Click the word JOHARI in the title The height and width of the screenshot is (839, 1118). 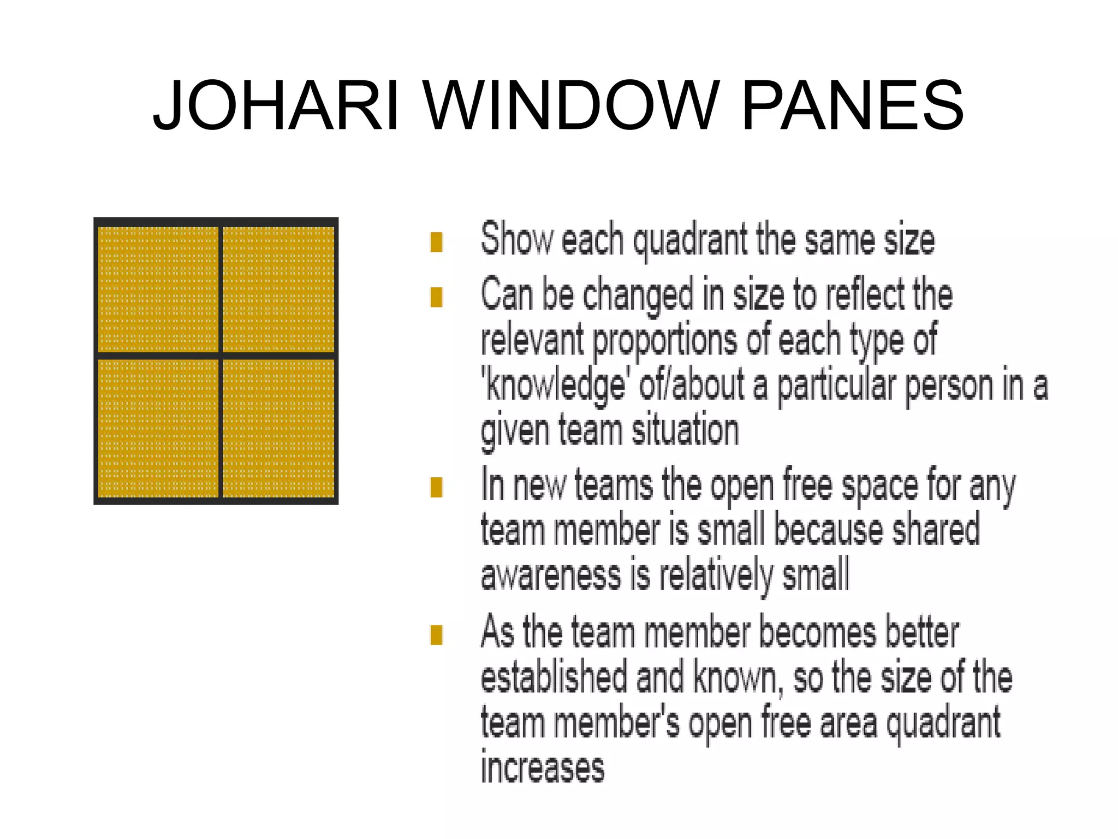(x=276, y=105)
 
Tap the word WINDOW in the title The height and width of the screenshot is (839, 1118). (x=571, y=105)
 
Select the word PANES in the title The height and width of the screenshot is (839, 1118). (x=853, y=105)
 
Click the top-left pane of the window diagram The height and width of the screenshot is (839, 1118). (x=158, y=289)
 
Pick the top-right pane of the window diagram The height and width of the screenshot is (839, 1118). (x=278, y=289)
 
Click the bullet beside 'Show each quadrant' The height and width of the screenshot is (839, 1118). (x=436, y=242)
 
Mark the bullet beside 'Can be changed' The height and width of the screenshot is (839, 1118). (x=436, y=297)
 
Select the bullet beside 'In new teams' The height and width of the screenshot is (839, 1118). (x=436, y=487)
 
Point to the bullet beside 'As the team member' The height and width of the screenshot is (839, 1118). (x=436, y=635)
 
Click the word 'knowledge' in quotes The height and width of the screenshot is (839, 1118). (x=555, y=386)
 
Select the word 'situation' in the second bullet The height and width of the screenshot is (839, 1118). (x=685, y=430)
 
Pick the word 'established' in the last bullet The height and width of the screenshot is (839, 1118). (x=553, y=677)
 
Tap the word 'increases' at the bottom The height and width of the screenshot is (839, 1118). (x=543, y=768)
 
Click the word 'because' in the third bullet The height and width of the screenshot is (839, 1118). (x=827, y=530)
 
